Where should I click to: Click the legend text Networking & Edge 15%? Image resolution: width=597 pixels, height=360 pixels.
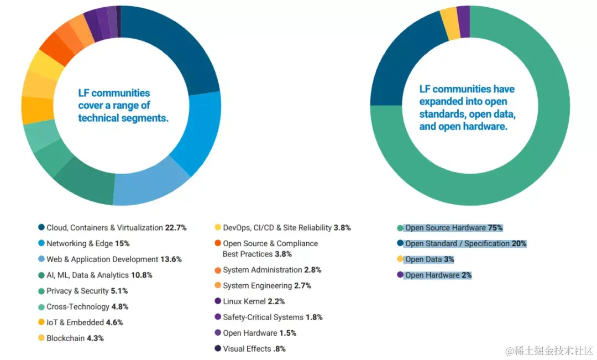88,243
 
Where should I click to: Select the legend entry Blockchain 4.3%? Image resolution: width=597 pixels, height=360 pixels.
75,338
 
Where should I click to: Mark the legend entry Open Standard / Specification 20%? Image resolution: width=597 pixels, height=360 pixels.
465,243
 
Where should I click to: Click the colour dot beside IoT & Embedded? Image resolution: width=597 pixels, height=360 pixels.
41,322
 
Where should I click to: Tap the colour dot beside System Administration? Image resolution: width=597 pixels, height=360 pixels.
217,270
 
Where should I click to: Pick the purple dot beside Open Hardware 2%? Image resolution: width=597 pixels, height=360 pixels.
400,275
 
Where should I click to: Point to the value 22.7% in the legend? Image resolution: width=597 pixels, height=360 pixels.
176,227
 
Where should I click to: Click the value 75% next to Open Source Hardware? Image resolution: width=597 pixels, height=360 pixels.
495,227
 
